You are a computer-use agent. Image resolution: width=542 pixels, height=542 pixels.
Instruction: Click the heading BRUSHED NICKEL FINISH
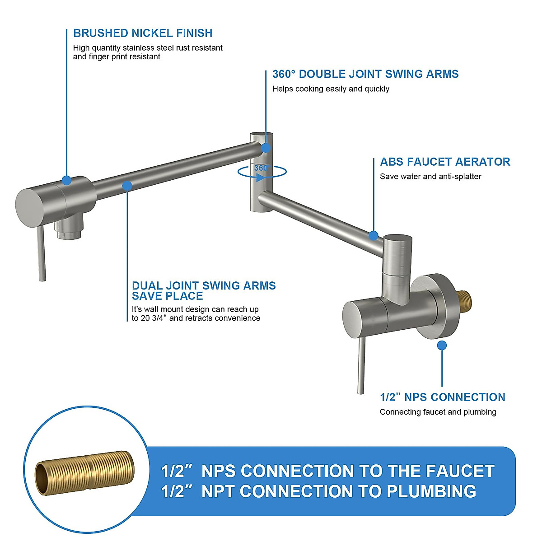143,33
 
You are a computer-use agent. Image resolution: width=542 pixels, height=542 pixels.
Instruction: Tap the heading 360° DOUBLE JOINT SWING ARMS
365,75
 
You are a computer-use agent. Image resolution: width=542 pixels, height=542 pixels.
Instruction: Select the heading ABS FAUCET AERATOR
445,162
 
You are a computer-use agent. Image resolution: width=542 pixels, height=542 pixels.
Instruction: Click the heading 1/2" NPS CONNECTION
442,397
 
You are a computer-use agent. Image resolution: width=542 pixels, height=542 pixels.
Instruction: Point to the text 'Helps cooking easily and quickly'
331,89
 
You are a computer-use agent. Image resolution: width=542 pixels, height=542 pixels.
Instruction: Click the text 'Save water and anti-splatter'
430,177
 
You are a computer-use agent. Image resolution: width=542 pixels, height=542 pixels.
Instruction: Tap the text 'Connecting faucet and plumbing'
438,412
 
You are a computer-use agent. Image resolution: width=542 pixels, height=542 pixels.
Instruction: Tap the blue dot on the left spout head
67,180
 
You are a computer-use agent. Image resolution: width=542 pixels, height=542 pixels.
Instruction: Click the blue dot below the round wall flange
442,346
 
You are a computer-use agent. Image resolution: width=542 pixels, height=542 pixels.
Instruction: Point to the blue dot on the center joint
266,148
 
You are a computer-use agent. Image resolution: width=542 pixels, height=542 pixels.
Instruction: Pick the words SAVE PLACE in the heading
167,296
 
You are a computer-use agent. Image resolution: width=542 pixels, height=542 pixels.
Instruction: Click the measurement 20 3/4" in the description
152,318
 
